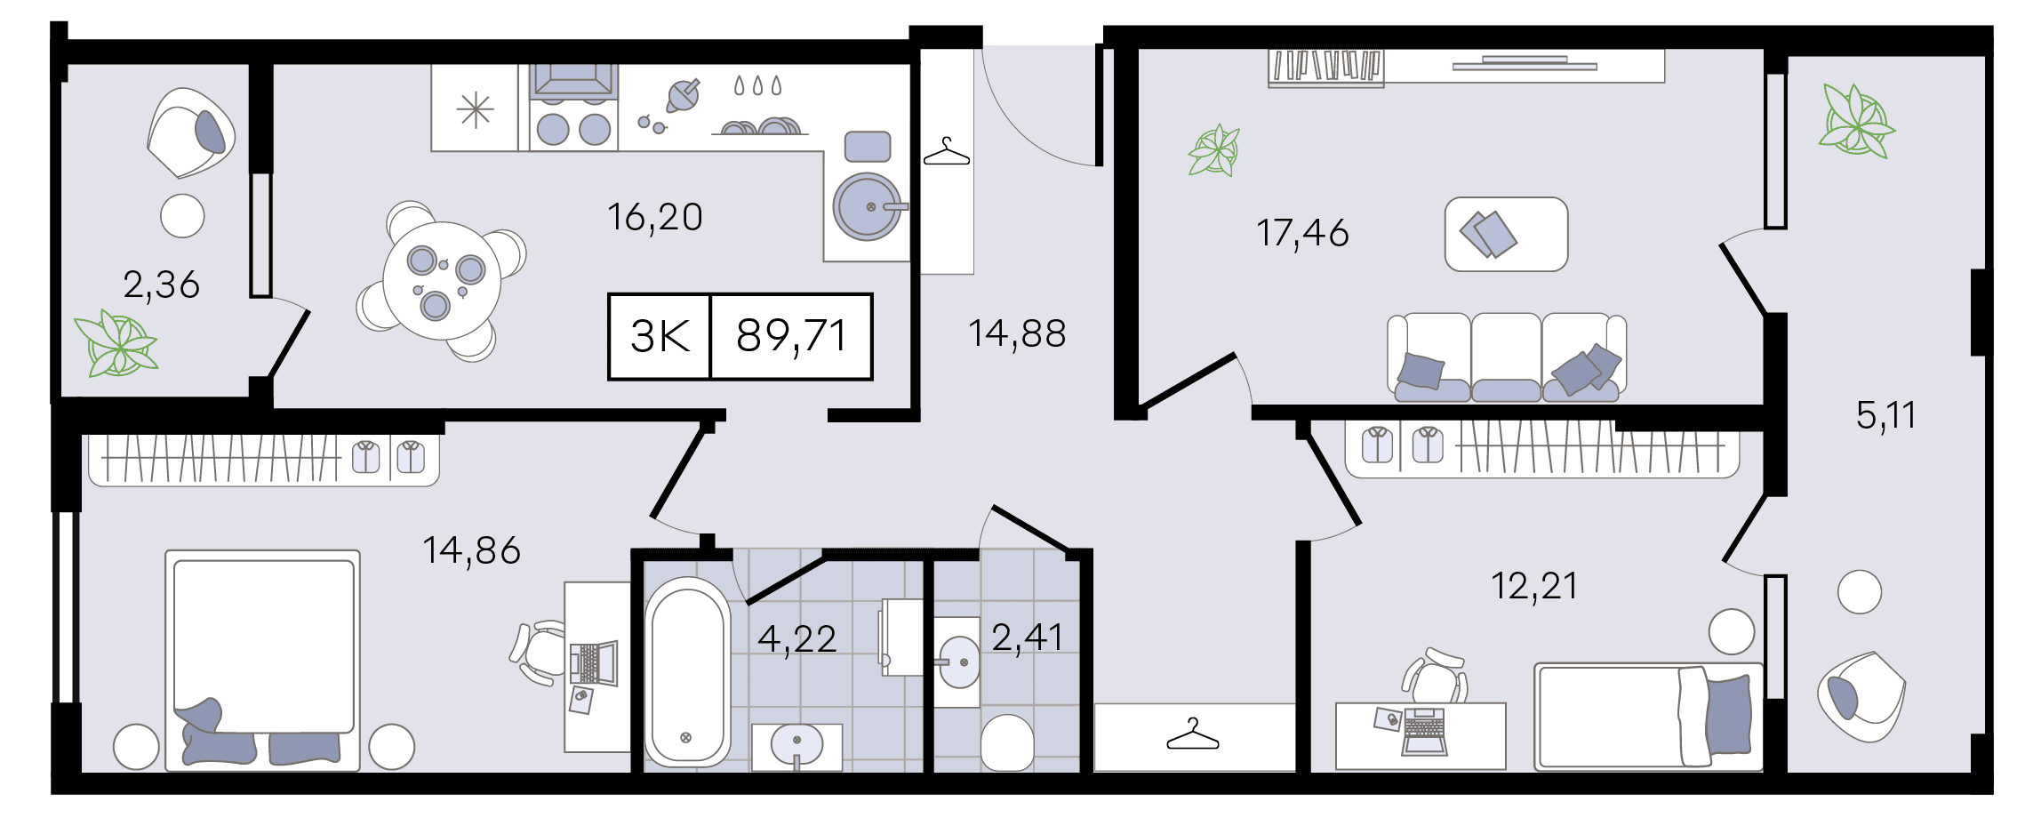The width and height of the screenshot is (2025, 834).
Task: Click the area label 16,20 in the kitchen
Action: tap(655, 218)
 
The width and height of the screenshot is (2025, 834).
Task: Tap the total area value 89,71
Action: tap(791, 336)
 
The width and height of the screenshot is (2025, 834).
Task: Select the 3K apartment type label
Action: tap(660, 336)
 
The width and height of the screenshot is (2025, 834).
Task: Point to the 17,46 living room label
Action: tap(1302, 233)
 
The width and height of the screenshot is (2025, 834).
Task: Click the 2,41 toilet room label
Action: tap(1028, 638)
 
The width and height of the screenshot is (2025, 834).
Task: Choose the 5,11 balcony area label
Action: tap(1885, 415)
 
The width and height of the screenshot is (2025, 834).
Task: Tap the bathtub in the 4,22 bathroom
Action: tap(687, 672)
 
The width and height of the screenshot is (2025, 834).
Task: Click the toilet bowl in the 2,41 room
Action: tap(1007, 742)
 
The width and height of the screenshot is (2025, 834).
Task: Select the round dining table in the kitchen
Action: tap(442, 280)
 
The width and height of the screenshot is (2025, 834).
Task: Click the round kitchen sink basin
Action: tap(867, 207)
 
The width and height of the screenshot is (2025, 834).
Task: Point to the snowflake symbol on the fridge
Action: tap(476, 110)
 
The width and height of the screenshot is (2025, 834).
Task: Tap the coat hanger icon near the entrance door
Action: tap(947, 152)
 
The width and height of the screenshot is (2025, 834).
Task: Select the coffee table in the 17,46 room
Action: tap(1507, 234)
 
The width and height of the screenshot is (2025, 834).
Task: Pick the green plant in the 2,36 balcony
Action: tap(116, 343)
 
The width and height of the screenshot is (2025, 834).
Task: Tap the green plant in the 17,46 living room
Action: tap(1214, 150)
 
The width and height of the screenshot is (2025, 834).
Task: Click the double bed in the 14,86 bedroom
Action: tap(263, 660)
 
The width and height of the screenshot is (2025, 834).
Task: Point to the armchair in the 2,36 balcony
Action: tap(191, 132)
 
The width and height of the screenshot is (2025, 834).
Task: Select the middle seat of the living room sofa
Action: tap(1506, 357)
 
